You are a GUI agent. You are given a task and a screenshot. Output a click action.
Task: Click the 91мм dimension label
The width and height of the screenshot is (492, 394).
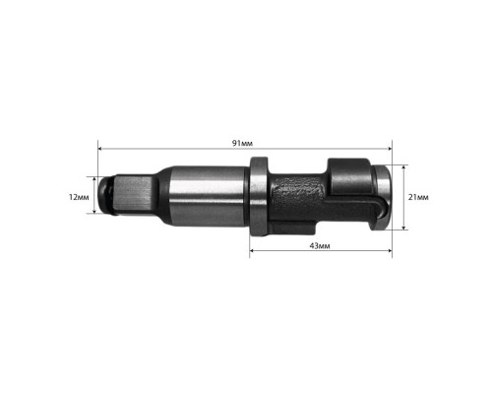click(242, 144)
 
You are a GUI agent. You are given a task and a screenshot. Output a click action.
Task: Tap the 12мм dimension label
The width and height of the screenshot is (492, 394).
click(79, 197)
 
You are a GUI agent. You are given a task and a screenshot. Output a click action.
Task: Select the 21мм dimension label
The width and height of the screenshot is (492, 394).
click(418, 197)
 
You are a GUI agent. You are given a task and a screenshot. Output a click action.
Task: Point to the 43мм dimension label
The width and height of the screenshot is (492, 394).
click(320, 246)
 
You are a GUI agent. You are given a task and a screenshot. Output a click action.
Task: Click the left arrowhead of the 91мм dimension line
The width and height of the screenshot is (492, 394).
click(100, 149)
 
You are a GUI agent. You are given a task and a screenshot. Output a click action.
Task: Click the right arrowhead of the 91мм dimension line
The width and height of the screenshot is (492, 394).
click(390, 149)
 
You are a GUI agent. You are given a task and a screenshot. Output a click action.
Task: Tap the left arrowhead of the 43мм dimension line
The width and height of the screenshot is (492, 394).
click(252, 251)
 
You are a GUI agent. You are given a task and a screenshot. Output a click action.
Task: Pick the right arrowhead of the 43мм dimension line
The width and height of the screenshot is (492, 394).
click(390, 251)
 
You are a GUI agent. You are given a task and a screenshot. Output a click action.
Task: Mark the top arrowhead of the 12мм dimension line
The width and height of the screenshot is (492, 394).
click(94, 179)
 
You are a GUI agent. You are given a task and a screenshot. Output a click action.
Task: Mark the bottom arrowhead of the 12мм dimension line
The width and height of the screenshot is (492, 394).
click(94, 211)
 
